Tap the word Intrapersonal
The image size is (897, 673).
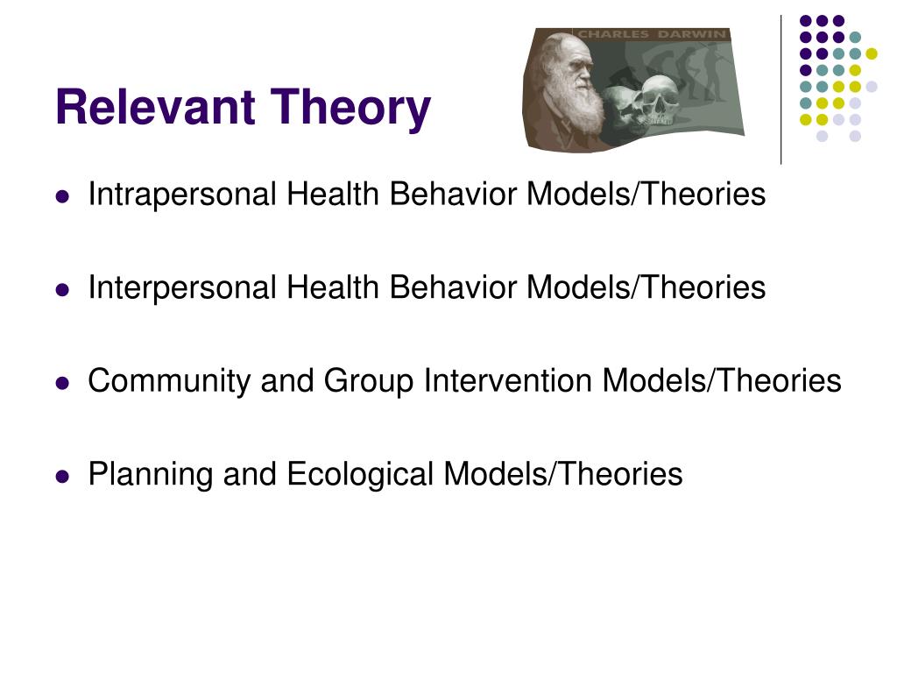[x=182, y=195]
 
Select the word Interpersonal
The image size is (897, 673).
[x=182, y=287]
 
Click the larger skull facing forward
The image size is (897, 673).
[x=657, y=99]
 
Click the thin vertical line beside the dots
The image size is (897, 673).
[x=781, y=88]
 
